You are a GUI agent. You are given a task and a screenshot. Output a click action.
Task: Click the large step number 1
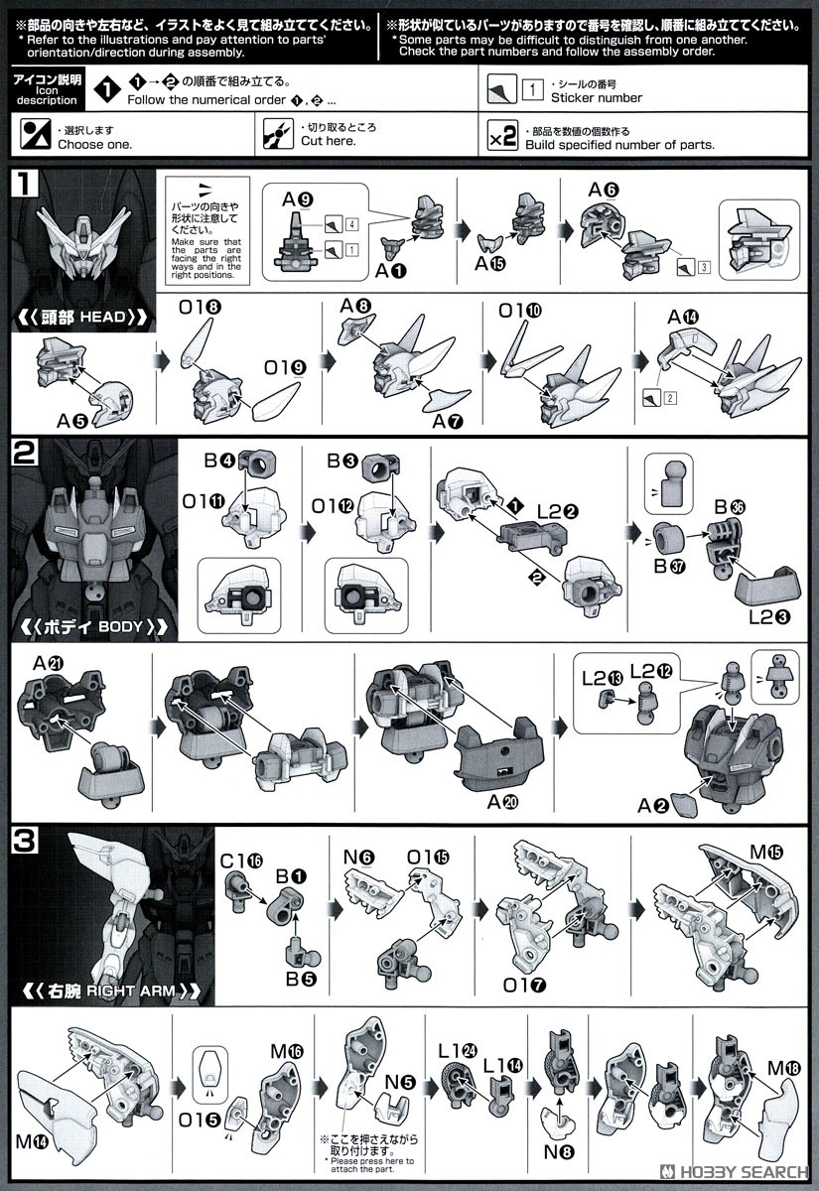(25, 184)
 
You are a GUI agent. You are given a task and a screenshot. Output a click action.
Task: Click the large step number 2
(25, 453)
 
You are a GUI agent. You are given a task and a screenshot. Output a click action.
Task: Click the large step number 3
(25, 842)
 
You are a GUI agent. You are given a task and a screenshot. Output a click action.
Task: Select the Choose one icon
(35, 134)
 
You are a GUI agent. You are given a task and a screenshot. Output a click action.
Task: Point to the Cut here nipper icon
(278, 134)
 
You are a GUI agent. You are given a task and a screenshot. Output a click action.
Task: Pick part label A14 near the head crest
(683, 318)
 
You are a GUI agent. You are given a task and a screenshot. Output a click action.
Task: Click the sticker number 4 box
(351, 224)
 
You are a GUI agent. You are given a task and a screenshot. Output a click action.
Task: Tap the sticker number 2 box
(670, 397)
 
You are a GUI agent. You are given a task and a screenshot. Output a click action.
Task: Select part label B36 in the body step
(729, 507)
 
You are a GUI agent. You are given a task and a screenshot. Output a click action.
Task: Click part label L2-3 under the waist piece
(769, 617)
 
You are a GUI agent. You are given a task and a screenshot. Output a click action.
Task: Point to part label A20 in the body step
(502, 802)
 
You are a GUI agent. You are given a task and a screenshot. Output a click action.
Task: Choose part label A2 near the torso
(652, 806)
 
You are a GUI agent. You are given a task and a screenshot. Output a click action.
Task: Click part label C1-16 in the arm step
(241, 860)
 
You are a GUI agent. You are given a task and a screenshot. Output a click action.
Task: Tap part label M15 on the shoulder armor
(766, 853)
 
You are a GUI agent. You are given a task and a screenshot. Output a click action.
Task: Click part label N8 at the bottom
(559, 1152)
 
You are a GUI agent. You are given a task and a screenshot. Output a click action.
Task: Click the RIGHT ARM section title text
(111, 992)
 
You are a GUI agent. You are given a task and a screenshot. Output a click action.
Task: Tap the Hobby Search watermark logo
(734, 1172)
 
